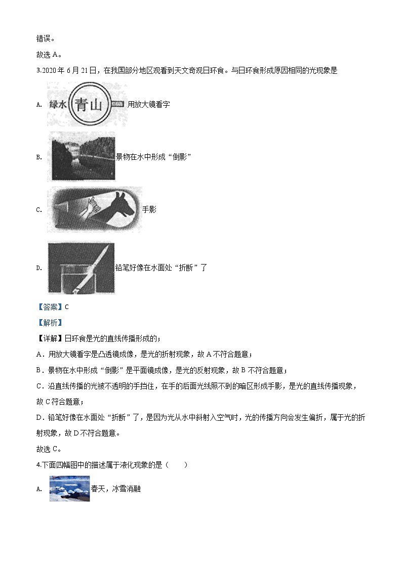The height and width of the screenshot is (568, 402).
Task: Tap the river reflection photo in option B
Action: [x=81, y=156]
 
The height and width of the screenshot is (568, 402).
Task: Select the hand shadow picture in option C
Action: [x=94, y=209]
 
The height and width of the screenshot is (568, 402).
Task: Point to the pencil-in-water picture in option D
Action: [x=81, y=268]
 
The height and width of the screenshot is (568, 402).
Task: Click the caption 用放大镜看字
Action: [x=149, y=104]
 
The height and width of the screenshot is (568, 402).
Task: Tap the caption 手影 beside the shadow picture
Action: [x=149, y=209]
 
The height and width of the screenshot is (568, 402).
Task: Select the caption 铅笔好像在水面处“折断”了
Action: [x=162, y=268]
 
